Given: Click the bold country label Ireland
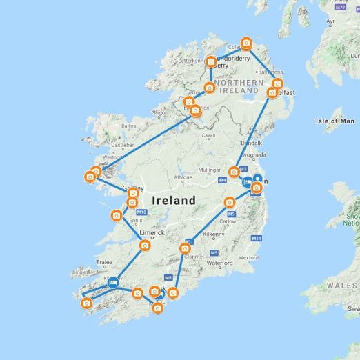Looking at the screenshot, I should point(166,200).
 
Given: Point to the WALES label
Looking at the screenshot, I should point(343,285).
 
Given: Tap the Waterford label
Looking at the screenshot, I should point(219,263).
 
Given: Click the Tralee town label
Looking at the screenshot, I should point(104,262).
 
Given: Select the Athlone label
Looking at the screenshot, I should point(183,177).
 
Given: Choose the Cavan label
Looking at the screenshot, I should point(208,136).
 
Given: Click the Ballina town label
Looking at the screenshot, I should point(129,126).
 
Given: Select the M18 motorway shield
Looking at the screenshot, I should point(142,212).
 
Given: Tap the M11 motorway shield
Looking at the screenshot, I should point(256,239).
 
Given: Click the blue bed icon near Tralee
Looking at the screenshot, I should point(112,282).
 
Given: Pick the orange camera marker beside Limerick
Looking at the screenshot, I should point(145,246).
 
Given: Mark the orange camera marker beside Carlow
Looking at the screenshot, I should point(230,203).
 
